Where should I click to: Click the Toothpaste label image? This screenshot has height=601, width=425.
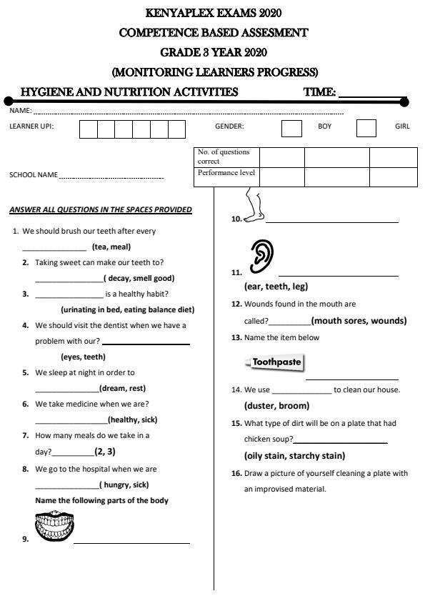(x=275, y=362)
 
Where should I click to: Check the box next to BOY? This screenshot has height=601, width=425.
(x=291, y=128)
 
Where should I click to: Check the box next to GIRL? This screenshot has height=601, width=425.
(x=366, y=128)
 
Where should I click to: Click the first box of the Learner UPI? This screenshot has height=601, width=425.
(x=88, y=129)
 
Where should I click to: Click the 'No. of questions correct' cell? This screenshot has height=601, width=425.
(x=226, y=157)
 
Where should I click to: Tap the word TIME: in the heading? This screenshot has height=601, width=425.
(x=319, y=92)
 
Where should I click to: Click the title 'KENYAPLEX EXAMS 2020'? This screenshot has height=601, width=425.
(x=213, y=13)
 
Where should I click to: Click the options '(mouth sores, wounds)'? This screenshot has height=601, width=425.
(x=359, y=321)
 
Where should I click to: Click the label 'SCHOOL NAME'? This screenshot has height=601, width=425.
(x=34, y=175)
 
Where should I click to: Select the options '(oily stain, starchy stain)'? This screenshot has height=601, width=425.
(x=294, y=455)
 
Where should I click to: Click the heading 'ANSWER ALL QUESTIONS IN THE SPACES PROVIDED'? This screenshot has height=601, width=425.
(x=101, y=209)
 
